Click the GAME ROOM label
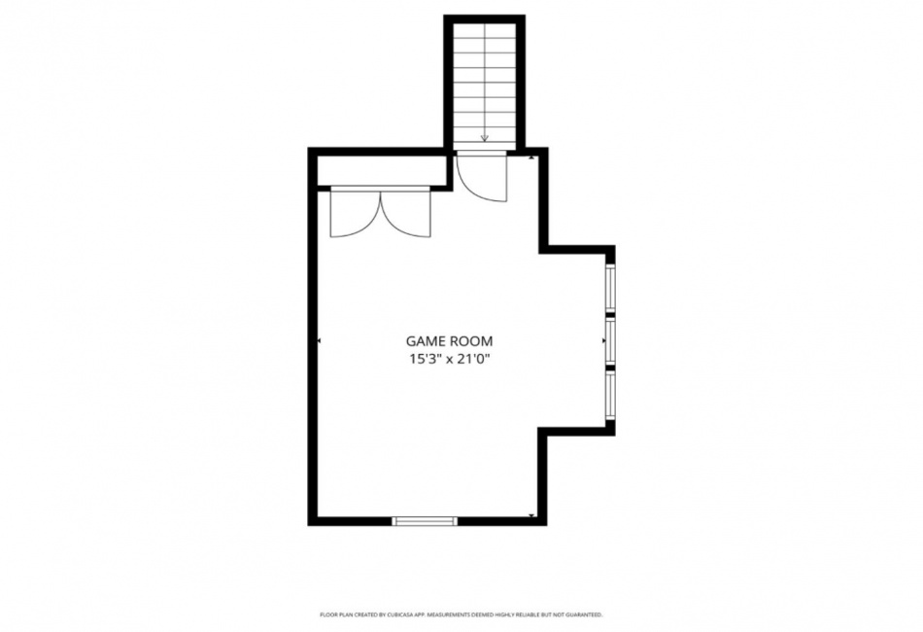pos(449,341)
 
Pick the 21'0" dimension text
pos(474,359)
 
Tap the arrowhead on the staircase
pos(485,138)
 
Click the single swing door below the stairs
pos(482,176)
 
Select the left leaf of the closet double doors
pos(356,212)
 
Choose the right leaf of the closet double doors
pos(406,212)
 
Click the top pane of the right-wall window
pos(610,289)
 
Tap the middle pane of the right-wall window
pos(610,341)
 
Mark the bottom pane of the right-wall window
pos(610,395)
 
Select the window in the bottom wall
pos(425,521)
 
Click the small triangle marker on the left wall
pos(320,340)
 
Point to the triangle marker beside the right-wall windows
pos(604,340)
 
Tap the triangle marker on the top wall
pos(531,158)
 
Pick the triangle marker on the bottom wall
pos(531,516)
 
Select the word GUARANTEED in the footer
pos(587,614)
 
